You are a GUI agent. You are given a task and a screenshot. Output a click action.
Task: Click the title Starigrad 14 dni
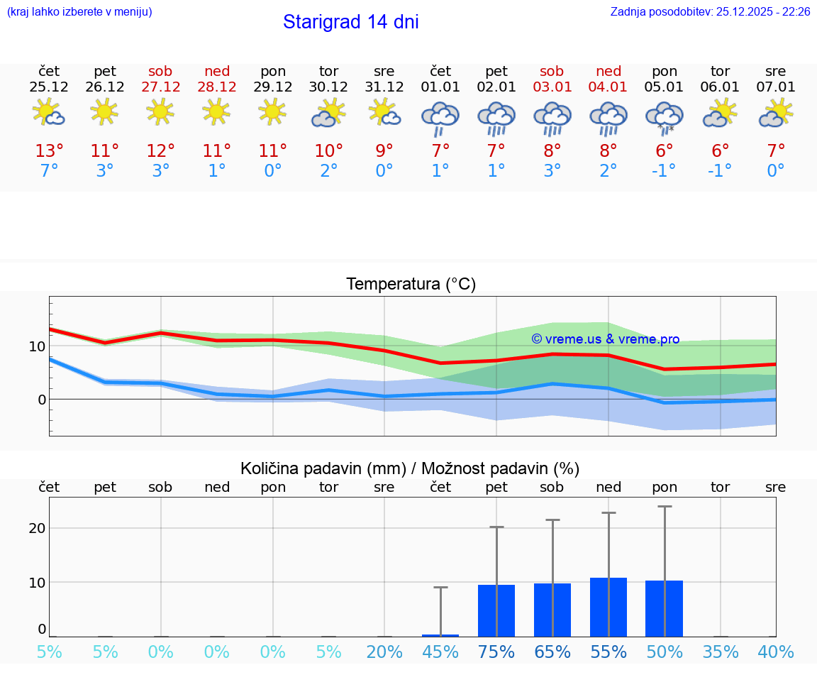click(350, 22)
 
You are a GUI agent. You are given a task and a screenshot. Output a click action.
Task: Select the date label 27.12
click(160, 87)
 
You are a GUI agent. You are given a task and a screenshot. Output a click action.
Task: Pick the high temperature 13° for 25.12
click(49, 151)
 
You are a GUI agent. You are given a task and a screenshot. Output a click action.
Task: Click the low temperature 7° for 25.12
click(49, 171)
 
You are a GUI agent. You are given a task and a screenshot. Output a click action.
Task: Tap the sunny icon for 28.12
click(216, 111)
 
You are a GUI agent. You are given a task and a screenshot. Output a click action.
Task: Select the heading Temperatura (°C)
click(411, 285)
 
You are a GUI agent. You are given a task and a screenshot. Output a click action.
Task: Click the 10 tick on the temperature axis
click(37, 346)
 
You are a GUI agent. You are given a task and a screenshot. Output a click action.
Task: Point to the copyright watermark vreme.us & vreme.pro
click(605, 339)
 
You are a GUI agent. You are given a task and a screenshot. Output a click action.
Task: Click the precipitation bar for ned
click(608, 607)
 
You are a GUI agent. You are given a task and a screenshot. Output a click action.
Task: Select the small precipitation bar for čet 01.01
click(440, 635)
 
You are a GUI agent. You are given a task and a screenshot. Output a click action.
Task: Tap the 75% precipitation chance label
click(496, 652)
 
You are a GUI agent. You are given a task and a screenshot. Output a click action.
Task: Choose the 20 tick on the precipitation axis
click(37, 528)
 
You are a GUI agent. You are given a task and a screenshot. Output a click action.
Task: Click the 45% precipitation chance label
click(440, 652)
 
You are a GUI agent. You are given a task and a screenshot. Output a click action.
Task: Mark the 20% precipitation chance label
click(384, 652)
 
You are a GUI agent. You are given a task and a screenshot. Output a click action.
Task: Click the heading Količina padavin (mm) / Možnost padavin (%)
click(410, 468)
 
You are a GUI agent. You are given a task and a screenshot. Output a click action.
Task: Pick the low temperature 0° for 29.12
click(273, 171)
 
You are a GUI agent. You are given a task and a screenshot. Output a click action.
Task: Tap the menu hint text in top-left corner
click(79, 11)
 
